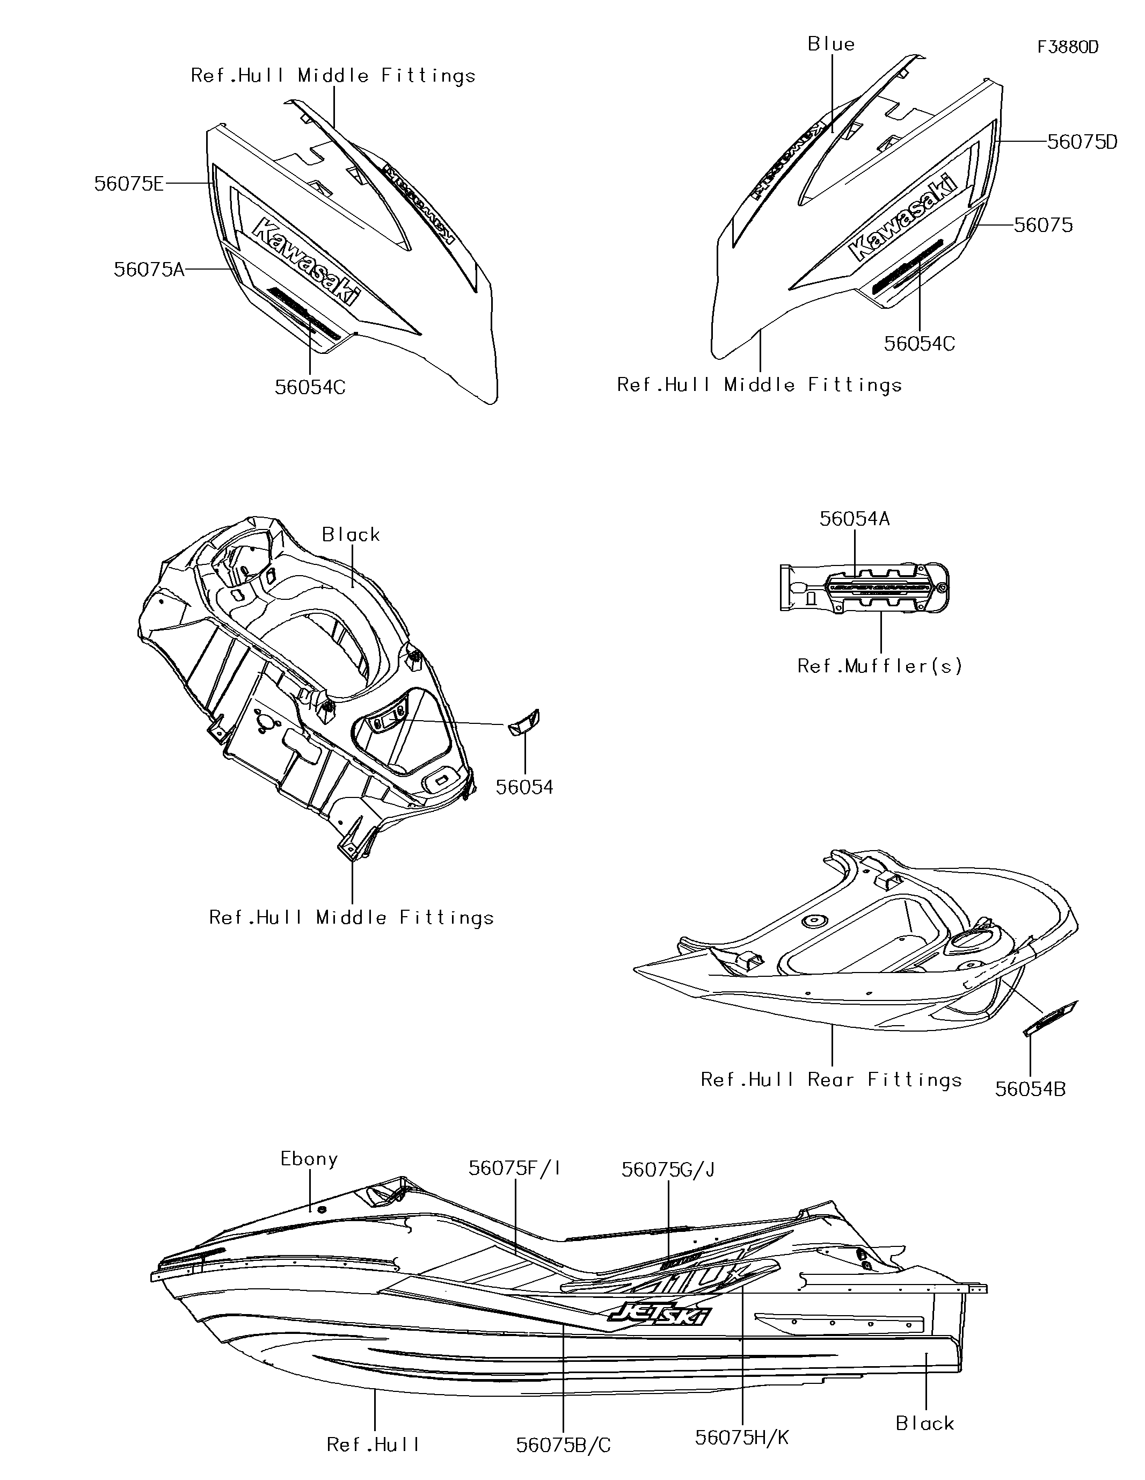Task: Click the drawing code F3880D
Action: tap(1068, 47)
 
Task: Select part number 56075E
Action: tap(129, 184)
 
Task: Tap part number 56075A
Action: tap(148, 270)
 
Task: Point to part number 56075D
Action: tap(1082, 142)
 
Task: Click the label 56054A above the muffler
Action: tap(855, 519)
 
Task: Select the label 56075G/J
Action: tap(668, 1170)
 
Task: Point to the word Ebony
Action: tap(309, 1159)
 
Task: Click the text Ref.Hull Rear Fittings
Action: tap(832, 1079)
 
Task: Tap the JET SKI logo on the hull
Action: tap(659, 1315)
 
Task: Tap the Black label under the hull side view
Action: tap(925, 1423)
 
